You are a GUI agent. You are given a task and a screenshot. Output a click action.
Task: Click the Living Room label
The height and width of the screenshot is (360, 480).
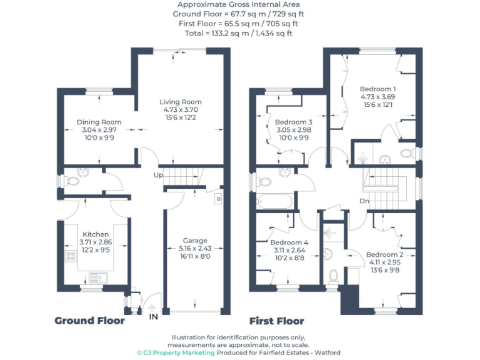(x=181, y=102)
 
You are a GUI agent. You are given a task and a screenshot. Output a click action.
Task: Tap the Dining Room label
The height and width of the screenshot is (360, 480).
(x=99, y=122)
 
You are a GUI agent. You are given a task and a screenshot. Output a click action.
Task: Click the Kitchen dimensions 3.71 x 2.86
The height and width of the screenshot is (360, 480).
(x=95, y=242)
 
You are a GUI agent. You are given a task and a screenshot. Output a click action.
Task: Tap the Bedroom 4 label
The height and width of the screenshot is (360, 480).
(x=289, y=242)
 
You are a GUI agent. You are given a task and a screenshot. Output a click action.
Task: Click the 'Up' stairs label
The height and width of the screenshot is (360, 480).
(x=159, y=175)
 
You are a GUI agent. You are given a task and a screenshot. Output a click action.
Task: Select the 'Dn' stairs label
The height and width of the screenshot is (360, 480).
(x=364, y=201)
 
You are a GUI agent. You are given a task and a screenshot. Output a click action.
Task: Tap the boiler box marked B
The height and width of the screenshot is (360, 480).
(x=217, y=199)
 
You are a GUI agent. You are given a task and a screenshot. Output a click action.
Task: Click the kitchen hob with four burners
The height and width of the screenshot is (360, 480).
(x=68, y=257)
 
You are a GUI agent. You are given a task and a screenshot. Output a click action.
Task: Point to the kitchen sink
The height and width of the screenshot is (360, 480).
(x=97, y=276)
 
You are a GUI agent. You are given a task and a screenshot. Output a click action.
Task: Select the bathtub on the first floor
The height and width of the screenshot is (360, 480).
(x=274, y=202)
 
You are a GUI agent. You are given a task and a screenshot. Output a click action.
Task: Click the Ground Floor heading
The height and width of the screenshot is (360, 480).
(x=89, y=321)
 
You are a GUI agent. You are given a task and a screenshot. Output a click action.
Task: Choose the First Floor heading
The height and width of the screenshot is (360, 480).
(x=276, y=321)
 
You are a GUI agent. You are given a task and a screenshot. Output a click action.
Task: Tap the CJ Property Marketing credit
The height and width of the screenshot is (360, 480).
(x=176, y=353)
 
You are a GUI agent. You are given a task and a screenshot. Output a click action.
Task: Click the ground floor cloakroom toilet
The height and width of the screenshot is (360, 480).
(x=72, y=182)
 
